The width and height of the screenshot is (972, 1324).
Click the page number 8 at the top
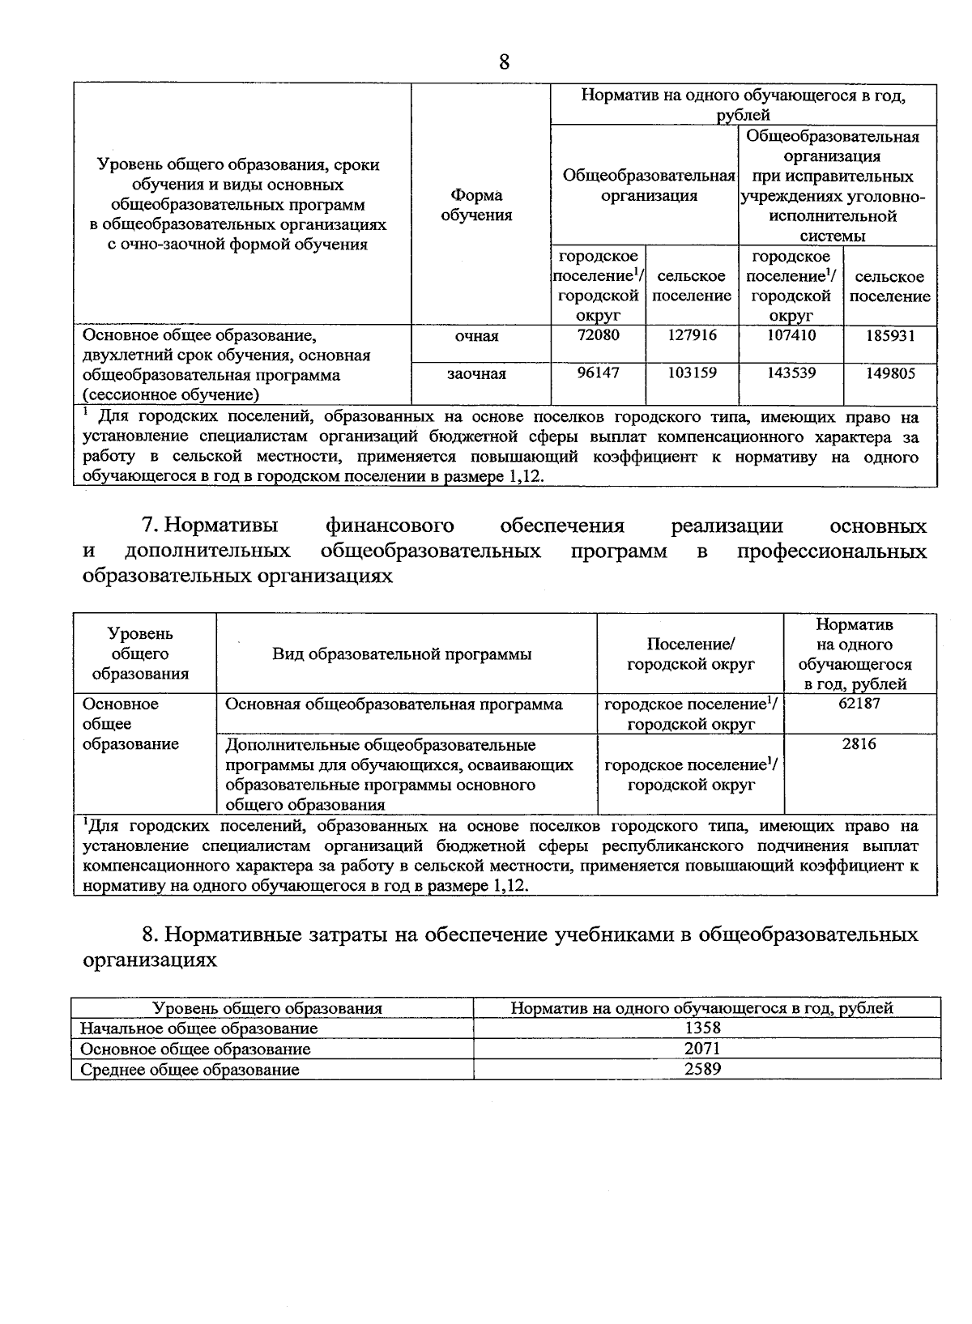click(504, 62)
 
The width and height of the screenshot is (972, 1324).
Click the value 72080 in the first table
click(598, 335)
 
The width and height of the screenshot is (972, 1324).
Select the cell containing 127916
click(692, 335)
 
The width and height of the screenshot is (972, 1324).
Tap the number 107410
click(791, 335)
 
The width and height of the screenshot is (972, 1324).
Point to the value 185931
click(889, 335)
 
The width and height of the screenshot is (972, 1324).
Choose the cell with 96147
click(598, 373)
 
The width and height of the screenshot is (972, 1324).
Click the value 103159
click(692, 373)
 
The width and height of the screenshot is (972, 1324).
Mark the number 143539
click(791, 373)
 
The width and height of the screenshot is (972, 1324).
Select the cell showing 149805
click(889, 373)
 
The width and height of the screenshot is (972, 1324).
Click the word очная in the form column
click(477, 336)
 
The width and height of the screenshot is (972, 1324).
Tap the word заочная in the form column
click(477, 373)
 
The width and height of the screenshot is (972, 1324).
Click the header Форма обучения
click(477, 205)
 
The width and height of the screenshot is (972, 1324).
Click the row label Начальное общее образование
click(198, 1028)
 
